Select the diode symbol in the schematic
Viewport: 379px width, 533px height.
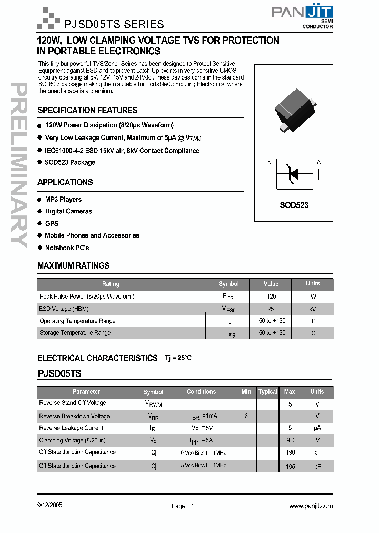(294, 173)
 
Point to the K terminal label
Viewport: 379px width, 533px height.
(270, 162)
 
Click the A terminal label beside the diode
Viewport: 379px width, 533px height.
(318, 162)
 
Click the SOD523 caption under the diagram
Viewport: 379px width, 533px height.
(294, 205)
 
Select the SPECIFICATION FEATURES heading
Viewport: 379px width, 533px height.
(87, 110)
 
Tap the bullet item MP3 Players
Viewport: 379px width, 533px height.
(63, 199)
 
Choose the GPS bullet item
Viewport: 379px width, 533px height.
(52, 223)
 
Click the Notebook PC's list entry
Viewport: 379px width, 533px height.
(67, 248)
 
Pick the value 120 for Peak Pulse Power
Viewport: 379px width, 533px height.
(271, 297)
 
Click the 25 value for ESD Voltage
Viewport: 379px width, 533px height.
(271, 309)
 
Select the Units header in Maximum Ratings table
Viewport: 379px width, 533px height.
(313, 283)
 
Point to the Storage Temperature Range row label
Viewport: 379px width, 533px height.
(75, 333)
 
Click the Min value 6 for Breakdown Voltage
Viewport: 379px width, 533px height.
(246, 416)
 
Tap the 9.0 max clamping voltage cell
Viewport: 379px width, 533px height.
(290, 440)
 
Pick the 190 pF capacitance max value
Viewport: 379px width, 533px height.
(290, 452)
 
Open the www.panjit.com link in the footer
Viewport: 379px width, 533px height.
(311, 506)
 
